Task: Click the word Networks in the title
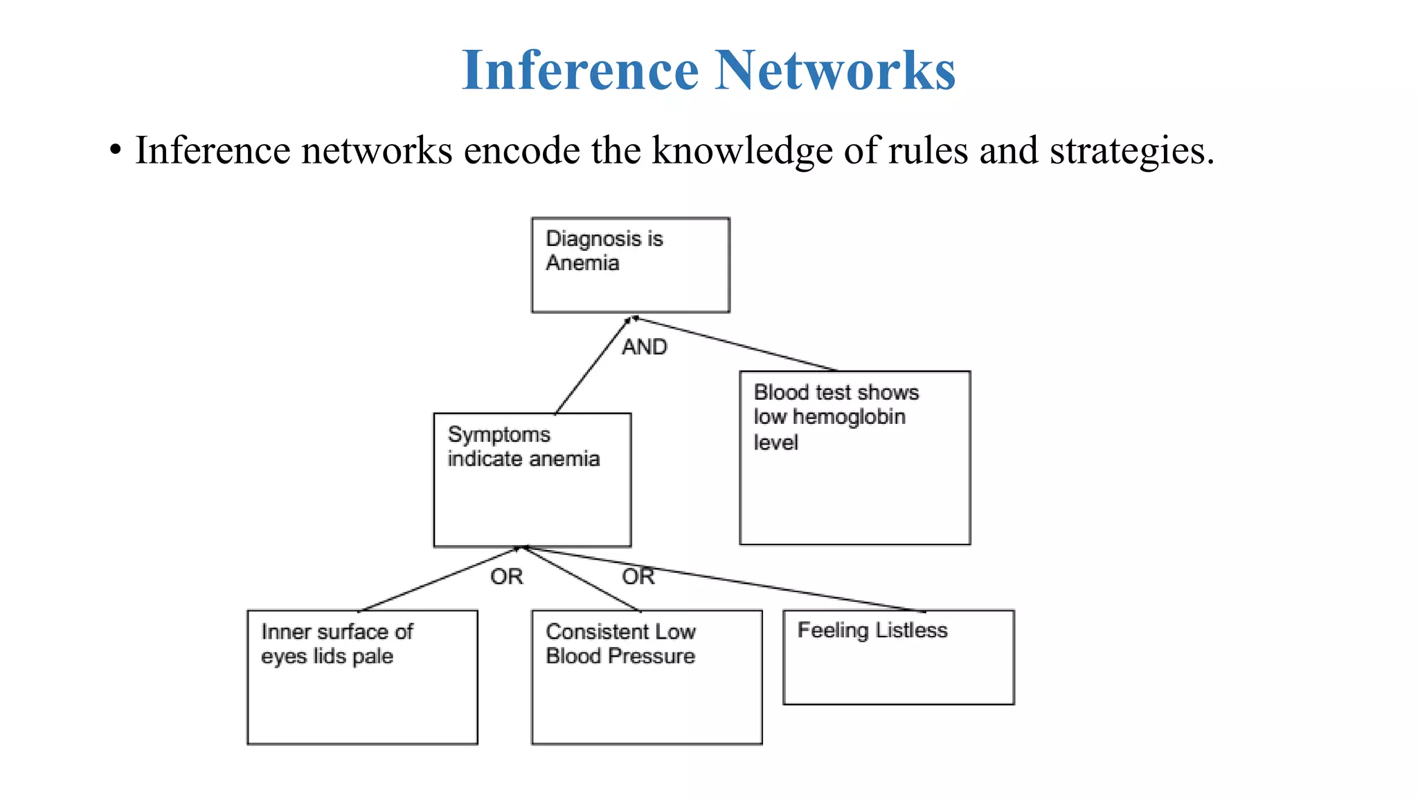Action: pyautogui.click(x=835, y=71)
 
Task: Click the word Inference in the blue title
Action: pyautogui.click(x=580, y=71)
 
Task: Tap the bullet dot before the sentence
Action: pyautogui.click(x=116, y=150)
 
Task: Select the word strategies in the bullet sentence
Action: pyautogui.click(x=1131, y=150)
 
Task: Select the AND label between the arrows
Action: pyautogui.click(x=644, y=346)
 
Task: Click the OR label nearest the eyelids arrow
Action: pyautogui.click(x=506, y=576)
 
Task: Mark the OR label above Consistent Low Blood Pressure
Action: pyautogui.click(x=638, y=576)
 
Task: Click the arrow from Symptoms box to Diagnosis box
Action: pyautogui.click(x=593, y=366)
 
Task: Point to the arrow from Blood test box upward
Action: pyautogui.click(x=734, y=344)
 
